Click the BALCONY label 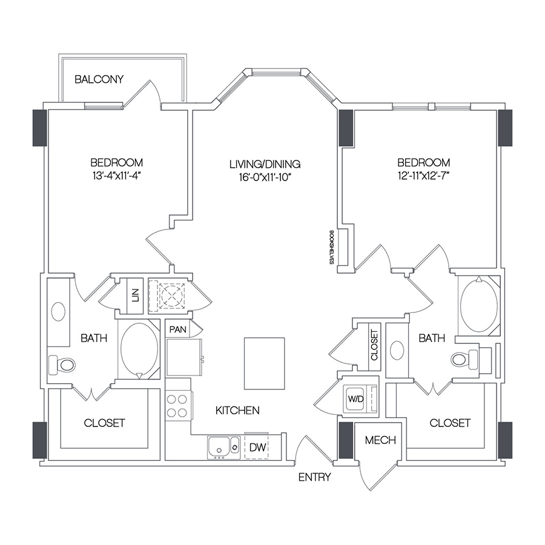[x=99, y=79]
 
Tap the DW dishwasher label [x=257, y=447]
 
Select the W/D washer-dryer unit [x=360, y=399]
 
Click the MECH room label [x=380, y=440]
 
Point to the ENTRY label [x=314, y=477]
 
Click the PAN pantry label [x=177, y=329]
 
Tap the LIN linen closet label [x=136, y=295]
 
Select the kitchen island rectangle [x=265, y=363]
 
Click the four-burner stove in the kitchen [x=177, y=406]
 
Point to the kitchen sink [x=223, y=448]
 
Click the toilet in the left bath [x=62, y=365]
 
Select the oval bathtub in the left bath [x=139, y=349]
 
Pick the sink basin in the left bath [x=58, y=311]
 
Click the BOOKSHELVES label [x=331, y=247]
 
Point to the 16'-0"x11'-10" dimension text [x=265, y=177]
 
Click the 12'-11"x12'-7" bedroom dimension [x=424, y=176]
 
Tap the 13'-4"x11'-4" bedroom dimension [x=117, y=176]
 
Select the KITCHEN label [x=237, y=411]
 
